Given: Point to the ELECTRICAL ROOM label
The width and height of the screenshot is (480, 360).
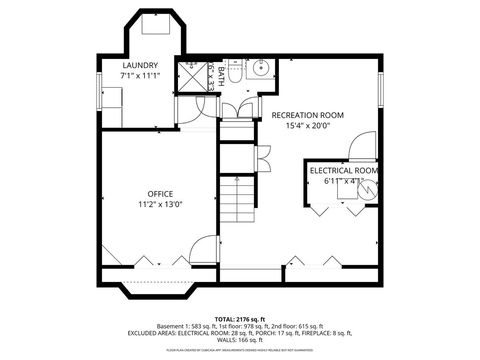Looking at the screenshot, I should tap(344, 171).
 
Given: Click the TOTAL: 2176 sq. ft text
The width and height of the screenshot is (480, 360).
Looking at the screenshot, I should tap(239, 317).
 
